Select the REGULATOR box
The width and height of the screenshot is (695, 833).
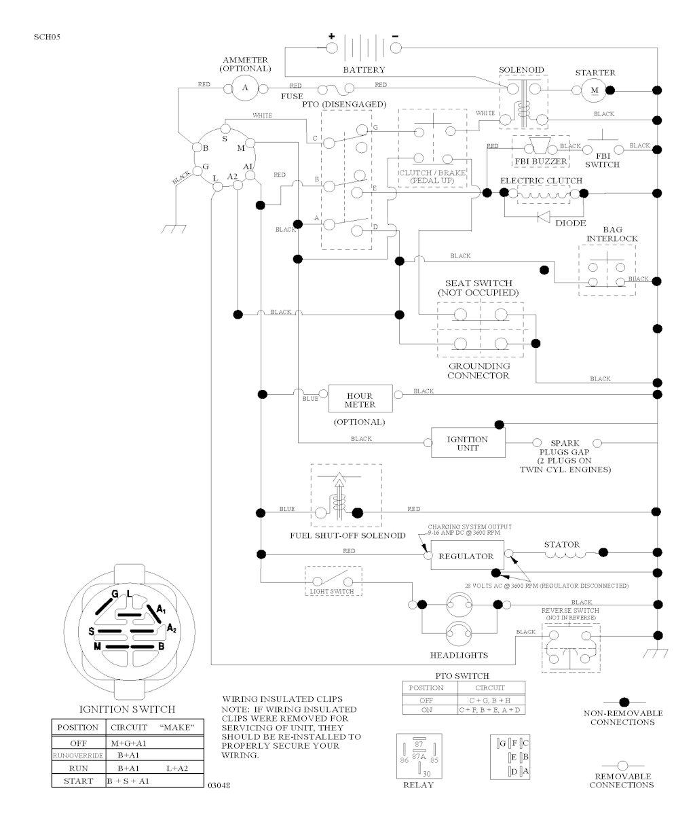pos(466,556)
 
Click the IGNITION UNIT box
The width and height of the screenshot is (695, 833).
pos(468,443)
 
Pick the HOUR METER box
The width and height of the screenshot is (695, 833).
pos(360,400)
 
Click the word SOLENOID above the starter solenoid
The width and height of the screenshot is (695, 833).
pos(521,70)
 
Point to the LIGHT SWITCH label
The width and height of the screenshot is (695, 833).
pos(333,592)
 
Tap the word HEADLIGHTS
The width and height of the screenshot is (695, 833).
pos(459,656)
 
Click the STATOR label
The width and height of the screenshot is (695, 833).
pos(562,544)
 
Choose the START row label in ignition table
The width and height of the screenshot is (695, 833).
pos(78,781)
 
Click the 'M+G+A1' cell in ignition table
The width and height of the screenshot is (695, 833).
pos(129,743)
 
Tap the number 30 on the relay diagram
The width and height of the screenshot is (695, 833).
pos(427,773)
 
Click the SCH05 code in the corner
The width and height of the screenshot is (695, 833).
pos(46,37)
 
